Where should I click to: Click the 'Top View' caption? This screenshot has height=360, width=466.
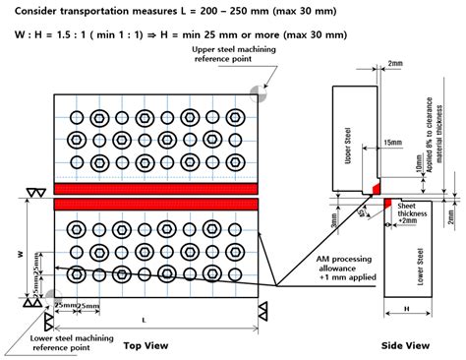pos(145,345)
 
